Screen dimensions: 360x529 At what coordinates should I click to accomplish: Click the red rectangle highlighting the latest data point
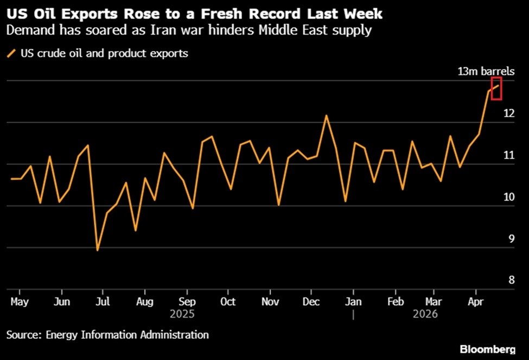coord(496,89)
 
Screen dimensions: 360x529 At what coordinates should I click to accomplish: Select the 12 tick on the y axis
coord(508,113)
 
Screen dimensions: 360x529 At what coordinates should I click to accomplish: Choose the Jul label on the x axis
coord(104,301)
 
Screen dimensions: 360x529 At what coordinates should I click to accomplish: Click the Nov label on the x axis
coord(270,301)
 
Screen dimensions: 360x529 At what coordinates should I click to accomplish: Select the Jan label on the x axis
coord(354,301)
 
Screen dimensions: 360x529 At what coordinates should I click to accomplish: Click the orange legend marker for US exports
coord(11,53)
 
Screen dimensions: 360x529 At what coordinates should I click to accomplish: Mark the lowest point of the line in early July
coord(97,250)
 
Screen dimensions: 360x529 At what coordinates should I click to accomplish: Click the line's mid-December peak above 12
coord(326,115)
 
